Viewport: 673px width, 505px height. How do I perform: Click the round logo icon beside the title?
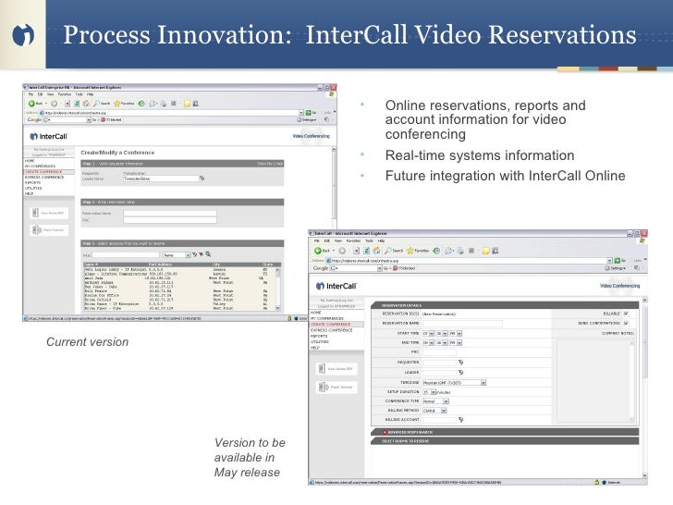(x=26, y=36)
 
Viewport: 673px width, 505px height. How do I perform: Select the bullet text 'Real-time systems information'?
(x=479, y=155)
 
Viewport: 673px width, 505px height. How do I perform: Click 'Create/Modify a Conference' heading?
(x=119, y=151)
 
